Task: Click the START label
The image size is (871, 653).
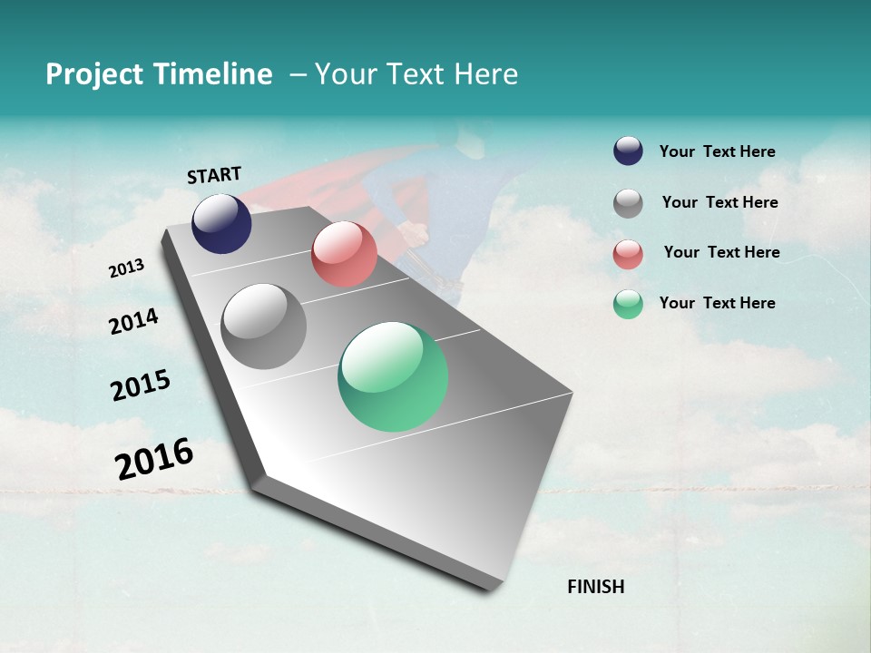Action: [214, 175]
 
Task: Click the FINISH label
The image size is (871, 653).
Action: [595, 587]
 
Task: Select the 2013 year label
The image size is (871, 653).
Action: [126, 268]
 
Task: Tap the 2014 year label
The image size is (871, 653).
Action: [133, 321]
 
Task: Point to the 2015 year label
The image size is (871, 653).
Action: [141, 385]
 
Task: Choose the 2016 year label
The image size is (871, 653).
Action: [154, 459]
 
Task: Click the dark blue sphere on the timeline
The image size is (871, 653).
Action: [221, 223]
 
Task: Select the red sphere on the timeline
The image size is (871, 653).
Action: [344, 254]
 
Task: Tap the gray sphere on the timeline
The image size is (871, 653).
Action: [264, 326]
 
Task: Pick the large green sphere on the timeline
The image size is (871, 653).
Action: [393, 376]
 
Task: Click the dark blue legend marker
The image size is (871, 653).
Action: [628, 151]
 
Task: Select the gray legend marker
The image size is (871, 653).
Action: [628, 203]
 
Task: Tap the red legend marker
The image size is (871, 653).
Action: [628, 254]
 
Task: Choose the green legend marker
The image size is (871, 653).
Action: [628, 305]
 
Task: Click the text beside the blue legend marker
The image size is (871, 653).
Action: [717, 151]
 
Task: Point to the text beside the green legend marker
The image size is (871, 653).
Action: [717, 303]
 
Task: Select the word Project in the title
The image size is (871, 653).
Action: [94, 74]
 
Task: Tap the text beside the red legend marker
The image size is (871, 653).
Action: [721, 252]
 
